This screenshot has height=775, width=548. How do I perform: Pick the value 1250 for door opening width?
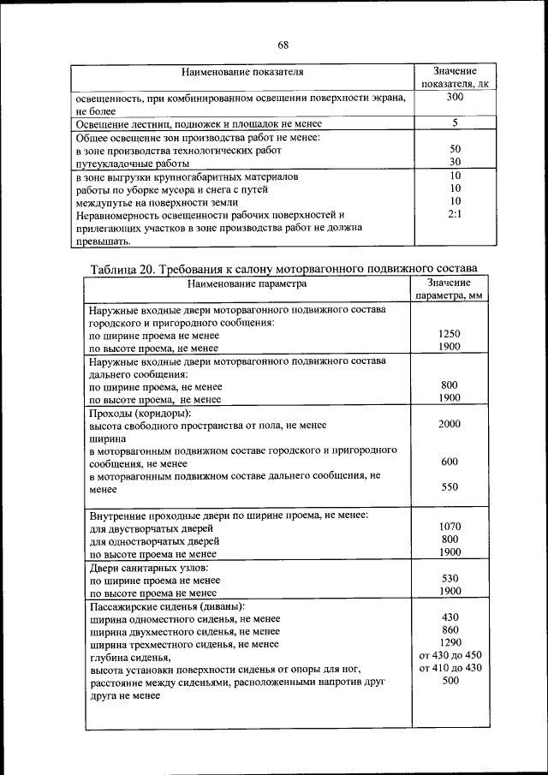pyautogui.click(x=450, y=334)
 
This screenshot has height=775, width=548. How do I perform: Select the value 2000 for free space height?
pyautogui.click(x=450, y=424)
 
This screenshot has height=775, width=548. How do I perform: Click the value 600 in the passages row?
pyautogui.click(x=450, y=462)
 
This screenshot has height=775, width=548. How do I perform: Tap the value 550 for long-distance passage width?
pyautogui.click(x=450, y=487)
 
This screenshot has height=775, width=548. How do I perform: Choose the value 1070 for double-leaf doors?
pyautogui.click(x=450, y=528)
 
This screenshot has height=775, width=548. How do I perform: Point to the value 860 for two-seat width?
pyautogui.click(x=450, y=629)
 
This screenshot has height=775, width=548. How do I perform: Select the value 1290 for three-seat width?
pyautogui.click(x=450, y=642)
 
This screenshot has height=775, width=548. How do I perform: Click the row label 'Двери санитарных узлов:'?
pyautogui.click(x=149, y=567)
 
